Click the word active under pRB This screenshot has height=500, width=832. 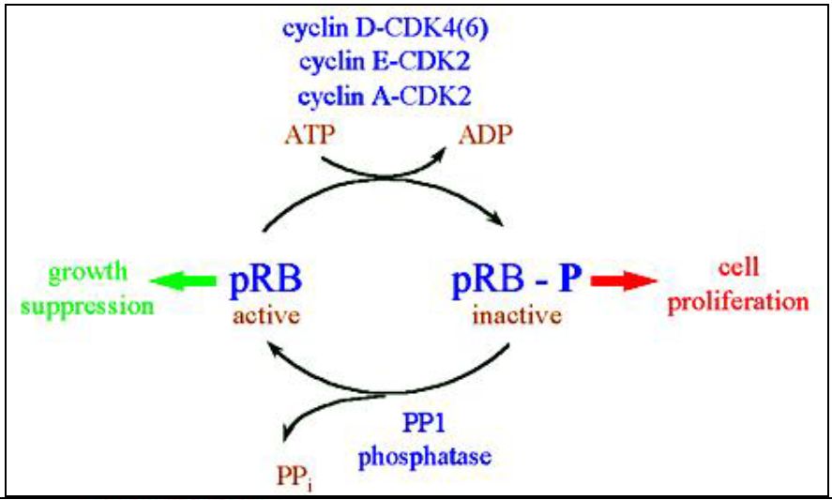coord(268,314)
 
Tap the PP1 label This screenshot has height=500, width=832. coord(428,427)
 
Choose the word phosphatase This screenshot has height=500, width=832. coord(428,459)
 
